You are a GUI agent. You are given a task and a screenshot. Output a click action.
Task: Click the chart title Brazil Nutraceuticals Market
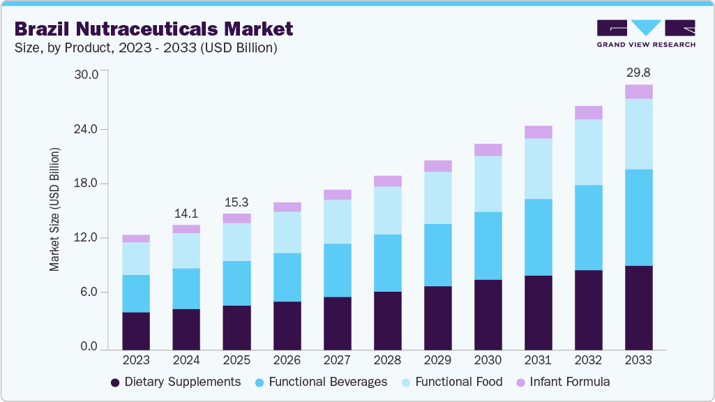click(154, 29)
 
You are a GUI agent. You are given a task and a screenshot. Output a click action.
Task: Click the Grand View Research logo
click(646, 33)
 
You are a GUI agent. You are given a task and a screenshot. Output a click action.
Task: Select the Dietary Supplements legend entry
click(176, 382)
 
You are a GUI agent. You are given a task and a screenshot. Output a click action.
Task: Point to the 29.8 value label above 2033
click(638, 73)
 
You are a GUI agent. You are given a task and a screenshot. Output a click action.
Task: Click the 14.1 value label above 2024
click(186, 213)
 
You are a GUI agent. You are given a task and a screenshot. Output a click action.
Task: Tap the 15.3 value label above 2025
click(236, 202)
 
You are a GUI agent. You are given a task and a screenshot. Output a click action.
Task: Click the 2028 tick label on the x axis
click(387, 360)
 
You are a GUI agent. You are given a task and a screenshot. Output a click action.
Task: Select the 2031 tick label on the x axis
click(538, 360)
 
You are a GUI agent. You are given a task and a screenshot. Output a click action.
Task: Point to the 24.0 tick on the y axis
click(89, 129)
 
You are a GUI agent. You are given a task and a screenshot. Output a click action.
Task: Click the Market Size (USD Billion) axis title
click(54, 209)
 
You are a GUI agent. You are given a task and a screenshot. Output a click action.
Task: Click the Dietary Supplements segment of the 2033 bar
click(638, 307)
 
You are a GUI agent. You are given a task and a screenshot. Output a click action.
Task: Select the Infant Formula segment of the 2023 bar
click(136, 239)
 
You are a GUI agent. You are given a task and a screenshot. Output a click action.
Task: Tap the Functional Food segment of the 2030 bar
click(488, 184)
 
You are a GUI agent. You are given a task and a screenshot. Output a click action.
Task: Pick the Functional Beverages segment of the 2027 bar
click(337, 270)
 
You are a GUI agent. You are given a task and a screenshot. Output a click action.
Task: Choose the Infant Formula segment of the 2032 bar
click(588, 113)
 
